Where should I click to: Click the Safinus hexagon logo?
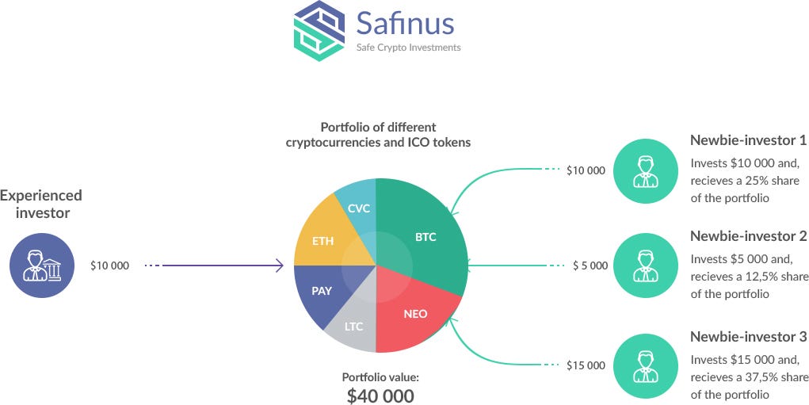pos(319,32)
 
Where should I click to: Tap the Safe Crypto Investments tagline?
pos(408,48)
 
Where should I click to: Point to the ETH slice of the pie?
pos(323,241)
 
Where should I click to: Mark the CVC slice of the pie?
pos(358,208)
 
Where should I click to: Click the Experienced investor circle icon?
pos(42,266)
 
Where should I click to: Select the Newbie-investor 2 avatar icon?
pos(646,266)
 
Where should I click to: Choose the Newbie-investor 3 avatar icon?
pos(646,365)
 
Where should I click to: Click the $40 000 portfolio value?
pos(380,395)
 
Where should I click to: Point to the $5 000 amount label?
pos(590,266)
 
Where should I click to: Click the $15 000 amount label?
pos(586,365)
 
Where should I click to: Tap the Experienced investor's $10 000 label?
pos(109,266)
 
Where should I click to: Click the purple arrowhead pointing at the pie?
pos(279,266)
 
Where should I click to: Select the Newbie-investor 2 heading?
pos(748,235)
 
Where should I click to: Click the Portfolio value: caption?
pos(380,377)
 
